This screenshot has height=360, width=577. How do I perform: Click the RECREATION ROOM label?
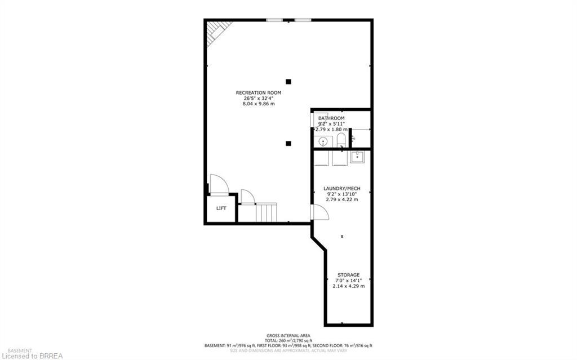pos(259,92)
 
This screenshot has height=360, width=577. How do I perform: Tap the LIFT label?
pos(221,208)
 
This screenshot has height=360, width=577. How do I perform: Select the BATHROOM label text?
pos(331,118)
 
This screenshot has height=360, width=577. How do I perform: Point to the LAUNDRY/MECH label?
pos(341,188)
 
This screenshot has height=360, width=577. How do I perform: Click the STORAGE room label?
pos(348,275)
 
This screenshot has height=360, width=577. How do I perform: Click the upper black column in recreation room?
pos(288,81)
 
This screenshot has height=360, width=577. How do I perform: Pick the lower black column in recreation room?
pos(288,143)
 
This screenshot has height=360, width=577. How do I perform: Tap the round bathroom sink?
pos(323,141)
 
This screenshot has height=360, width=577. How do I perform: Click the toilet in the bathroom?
pos(341,140)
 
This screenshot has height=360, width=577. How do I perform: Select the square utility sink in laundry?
pos(357,157)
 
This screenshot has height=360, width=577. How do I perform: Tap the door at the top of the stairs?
pos(247,197)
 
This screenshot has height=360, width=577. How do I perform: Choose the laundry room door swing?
pos(319,212)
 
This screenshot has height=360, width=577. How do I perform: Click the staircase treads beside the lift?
pos(267,213)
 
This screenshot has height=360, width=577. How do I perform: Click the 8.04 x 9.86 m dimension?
pos(259,104)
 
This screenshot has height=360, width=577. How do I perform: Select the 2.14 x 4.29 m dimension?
pos(348,286)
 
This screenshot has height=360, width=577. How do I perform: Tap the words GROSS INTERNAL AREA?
pos(288,335)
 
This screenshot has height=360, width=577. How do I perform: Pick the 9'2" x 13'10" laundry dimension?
pos(341,194)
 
